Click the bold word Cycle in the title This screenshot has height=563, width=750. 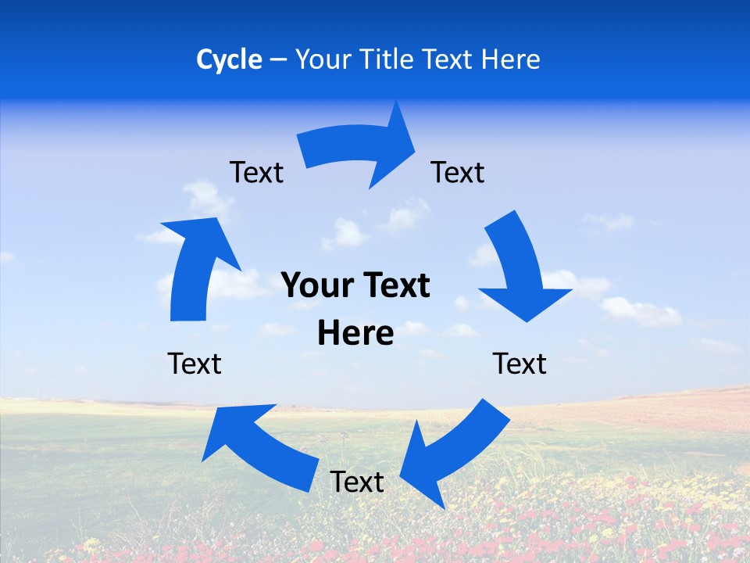coord(229,59)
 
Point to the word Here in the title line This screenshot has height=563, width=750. coord(511,59)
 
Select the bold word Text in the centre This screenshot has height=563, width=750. coord(394,285)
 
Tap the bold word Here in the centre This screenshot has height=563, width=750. coord(355,333)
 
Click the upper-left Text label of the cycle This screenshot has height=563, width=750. coord(256,172)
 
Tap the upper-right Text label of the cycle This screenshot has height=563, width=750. coord(458,172)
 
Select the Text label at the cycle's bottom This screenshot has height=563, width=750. coord(357,482)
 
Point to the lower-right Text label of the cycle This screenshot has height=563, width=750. coord(520,364)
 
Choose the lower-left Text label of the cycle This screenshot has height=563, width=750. coord(195,364)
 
